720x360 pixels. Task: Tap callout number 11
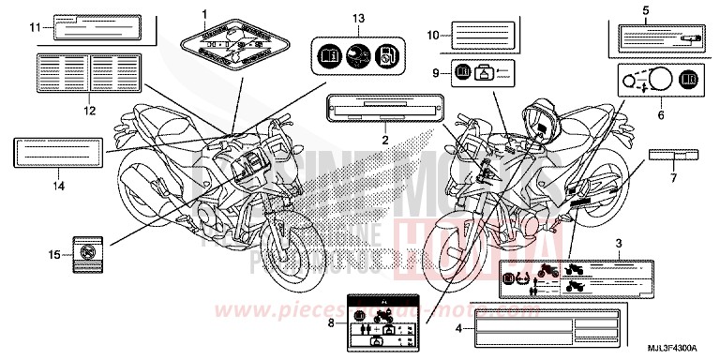34,29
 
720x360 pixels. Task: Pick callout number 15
54,254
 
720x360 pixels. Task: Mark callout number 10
432,35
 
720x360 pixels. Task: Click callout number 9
436,73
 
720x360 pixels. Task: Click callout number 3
619,244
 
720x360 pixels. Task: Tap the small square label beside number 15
87,250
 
